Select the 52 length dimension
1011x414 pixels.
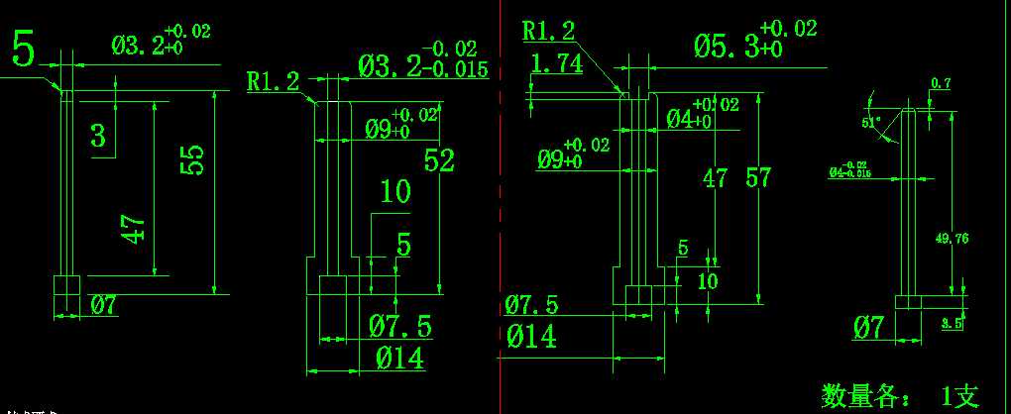tap(439, 158)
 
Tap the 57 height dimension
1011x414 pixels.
tap(758, 178)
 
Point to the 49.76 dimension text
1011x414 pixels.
tap(952, 239)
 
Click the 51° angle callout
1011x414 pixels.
tap(871, 122)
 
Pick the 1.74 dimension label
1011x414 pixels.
tap(556, 65)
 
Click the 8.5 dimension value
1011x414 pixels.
tap(952, 323)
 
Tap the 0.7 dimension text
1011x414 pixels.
tap(940, 85)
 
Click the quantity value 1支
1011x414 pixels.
tap(958, 397)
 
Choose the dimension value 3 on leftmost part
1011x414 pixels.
tap(97, 135)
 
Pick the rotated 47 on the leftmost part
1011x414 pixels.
tap(137, 230)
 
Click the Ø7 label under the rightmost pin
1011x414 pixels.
tap(868, 326)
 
